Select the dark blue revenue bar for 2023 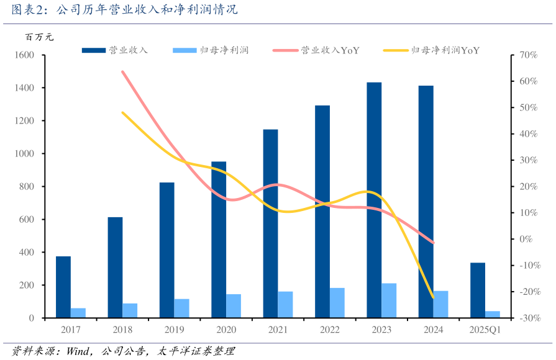(x=374, y=199)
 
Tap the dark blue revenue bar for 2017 (x=63, y=287)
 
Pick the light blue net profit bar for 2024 (x=440, y=304)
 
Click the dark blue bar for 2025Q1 (x=477, y=290)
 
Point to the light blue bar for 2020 (x=234, y=305)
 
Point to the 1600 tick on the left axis (x=24, y=55)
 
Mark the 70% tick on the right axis (x=527, y=55)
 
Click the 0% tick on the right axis (x=527, y=239)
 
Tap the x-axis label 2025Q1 (x=485, y=330)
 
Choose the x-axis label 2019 (x=174, y=330)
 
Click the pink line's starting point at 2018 (x=122, y=71)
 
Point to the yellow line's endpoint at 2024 (x=433, y=298)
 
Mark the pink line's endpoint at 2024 (x=433, y=243)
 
